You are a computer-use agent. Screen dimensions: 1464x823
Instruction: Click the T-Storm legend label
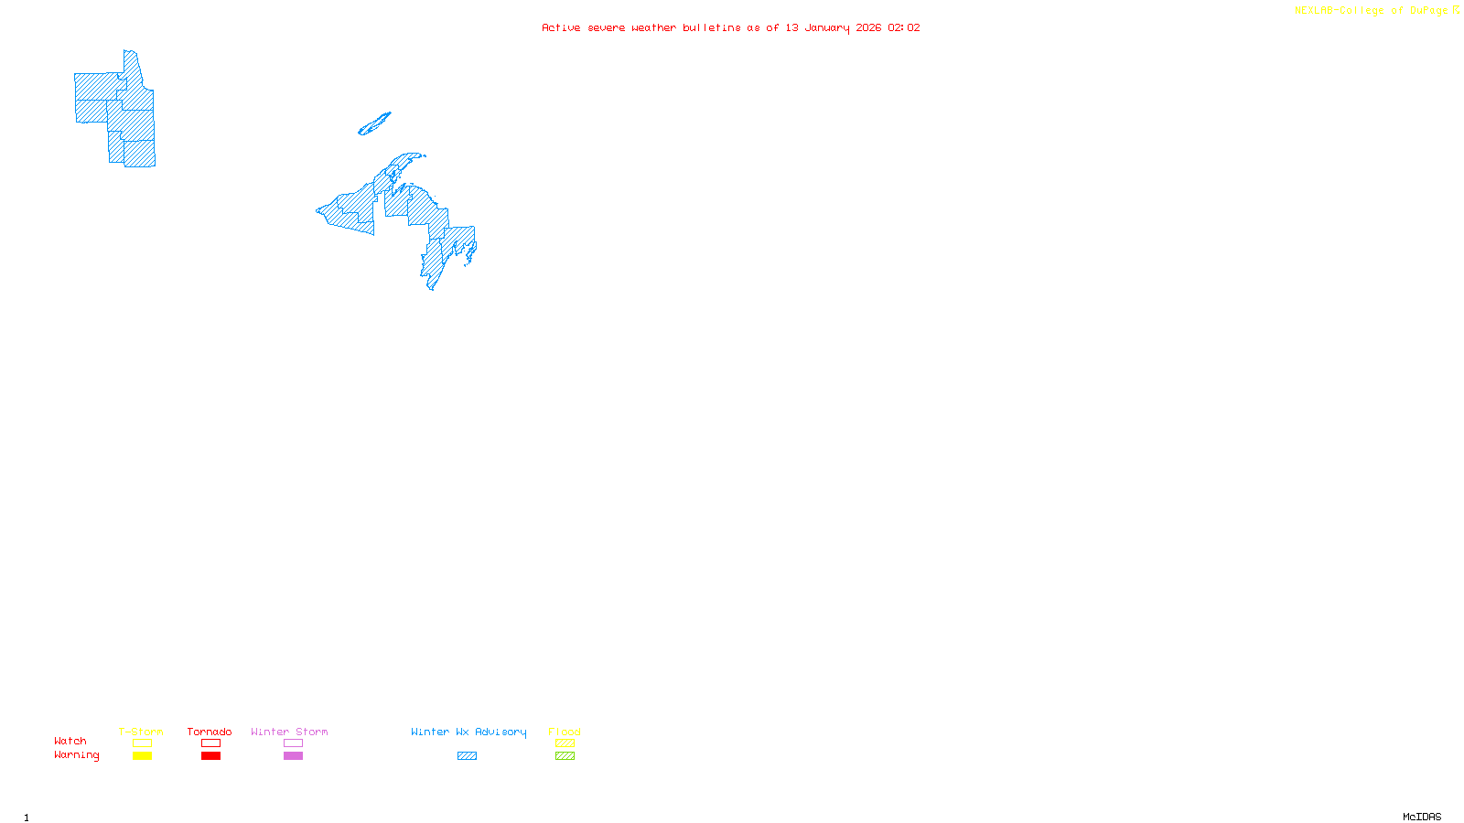(141, 732)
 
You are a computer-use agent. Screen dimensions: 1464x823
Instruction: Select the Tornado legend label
(210, 732)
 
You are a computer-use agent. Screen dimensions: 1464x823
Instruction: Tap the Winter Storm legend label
(289, 732)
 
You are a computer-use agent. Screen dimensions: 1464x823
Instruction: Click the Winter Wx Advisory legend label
(468, 732)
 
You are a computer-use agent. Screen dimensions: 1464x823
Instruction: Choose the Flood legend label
(565, 732)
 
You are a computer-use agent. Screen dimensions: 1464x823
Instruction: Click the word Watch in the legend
(70, 741)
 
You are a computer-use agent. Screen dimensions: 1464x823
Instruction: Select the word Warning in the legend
(77, 755)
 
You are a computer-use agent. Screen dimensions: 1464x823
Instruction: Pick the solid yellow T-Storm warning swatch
(142, 756)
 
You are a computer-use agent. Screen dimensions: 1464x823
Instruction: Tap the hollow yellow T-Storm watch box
(142, 743)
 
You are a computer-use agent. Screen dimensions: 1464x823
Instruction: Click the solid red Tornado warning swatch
(210, 756)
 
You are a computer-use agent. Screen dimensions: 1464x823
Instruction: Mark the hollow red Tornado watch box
(210, 743)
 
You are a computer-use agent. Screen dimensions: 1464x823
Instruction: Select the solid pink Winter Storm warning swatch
(293, 756)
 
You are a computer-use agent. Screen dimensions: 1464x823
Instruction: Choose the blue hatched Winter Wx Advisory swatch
(467, 756)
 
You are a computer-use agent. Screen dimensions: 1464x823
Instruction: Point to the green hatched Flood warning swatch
(565, 756)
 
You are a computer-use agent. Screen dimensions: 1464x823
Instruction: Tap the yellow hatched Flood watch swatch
(565, 743)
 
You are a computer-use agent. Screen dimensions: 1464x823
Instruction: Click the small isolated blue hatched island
(373, 124)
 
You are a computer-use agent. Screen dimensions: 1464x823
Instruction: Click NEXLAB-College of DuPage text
(1372, 11)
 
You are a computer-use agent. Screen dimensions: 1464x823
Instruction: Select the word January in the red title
(827, 27)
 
